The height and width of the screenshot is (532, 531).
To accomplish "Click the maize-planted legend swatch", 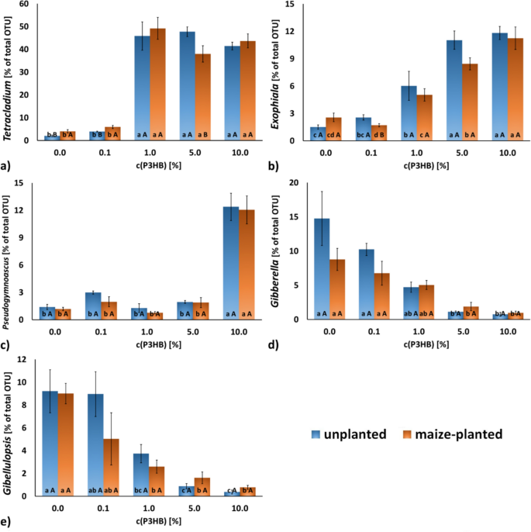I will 403,434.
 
